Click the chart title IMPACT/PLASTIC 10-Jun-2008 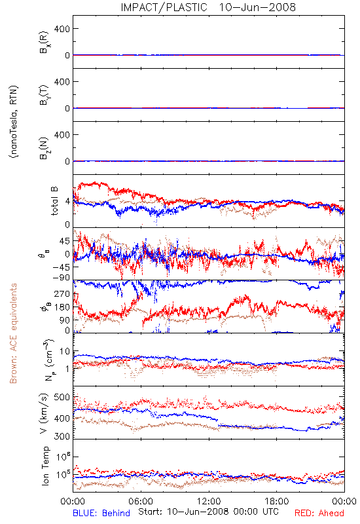(x=208, y=7)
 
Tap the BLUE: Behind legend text (x=101, y=513)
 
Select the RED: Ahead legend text (x=319, y=513)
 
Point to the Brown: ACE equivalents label (x=13, y=333)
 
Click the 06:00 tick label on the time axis (x=141, y=501)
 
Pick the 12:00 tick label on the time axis (x=209, y=501)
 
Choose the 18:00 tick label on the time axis (x=277, y=501)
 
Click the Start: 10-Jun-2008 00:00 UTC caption (x=208, y=512)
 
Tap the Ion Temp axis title (x=46, y=466)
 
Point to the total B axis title (x=54, y=201)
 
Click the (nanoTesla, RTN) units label (x=14, y=121)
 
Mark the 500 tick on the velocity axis (x=62, y=398)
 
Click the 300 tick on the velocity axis (x=62, y=436)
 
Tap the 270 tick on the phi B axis (x=62, y=293)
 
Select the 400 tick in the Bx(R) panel (x=62, y=29)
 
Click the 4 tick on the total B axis (x=68, y=202)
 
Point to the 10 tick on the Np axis (x=65, y=352)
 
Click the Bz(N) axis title (x=44, y=148)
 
